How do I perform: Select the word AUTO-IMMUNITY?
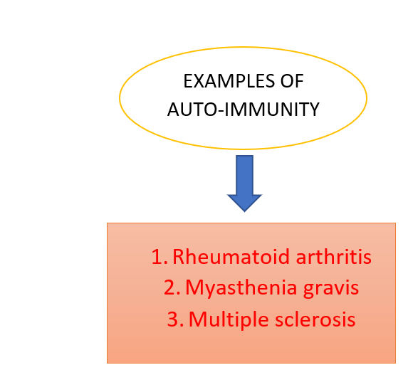pyautogui.click(x=244, y=110)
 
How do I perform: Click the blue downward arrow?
pyautogui.click(x=244, y=184)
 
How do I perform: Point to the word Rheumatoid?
pyautogui.click(x=231, y=257)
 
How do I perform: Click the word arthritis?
pyautogui.click(x=334, y=257)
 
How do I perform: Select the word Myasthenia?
pyautogui.click(x=241, y=287)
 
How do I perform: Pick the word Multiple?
pyautogui.click(x=229, y=319)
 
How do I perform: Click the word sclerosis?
pyautogui.click(x=315, y=319)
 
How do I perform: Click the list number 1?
pyautogui.click(x=159, y=257)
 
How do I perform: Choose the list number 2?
pyautogui.click(x=172, y=288)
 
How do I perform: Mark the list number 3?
pyautogui.click(x=175, y=319)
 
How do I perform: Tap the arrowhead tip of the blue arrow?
pyautogui.click(x=244, y=212)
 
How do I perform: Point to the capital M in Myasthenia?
pyautogui.click(x=194, y=287)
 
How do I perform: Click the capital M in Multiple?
pyautogui.click(x=198, y=319)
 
